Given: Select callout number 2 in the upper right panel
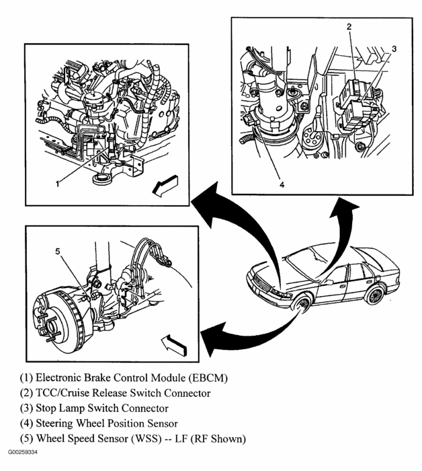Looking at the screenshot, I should coord(349,27).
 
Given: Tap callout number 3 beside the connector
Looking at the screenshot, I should coord(394,48).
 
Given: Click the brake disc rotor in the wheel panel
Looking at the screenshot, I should coord(56,316).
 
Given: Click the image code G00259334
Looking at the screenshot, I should coord(24,454).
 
